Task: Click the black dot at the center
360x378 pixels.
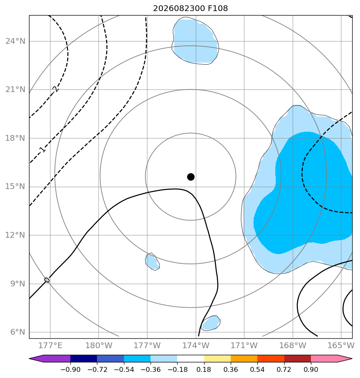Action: tap(191, 177)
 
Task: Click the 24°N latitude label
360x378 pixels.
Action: tap(15, 41)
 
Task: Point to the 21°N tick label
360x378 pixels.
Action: tap(15, 90)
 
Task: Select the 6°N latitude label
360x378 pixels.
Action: tap(18, 332)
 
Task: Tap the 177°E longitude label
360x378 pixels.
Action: tap(50, 345)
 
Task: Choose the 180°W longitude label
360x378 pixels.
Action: tap(99, 345)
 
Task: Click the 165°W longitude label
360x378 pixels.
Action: tap(341, 345)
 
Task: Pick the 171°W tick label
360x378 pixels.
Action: tap(244, 345)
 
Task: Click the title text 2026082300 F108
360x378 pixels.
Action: tap(191, 9)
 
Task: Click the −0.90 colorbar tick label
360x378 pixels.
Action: tap(70, 369)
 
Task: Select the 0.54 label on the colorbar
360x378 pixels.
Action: tap(257, 369)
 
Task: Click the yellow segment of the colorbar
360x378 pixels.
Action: tap(217, 358)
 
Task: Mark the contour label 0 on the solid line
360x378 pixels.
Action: tap(47, 280)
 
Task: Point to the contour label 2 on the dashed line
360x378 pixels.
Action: tap(55, 89)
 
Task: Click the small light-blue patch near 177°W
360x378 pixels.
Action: tap(153, 261)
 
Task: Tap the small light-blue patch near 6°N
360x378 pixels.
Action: tap(211, 323)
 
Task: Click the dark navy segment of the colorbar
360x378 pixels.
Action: tap(84, 358)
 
